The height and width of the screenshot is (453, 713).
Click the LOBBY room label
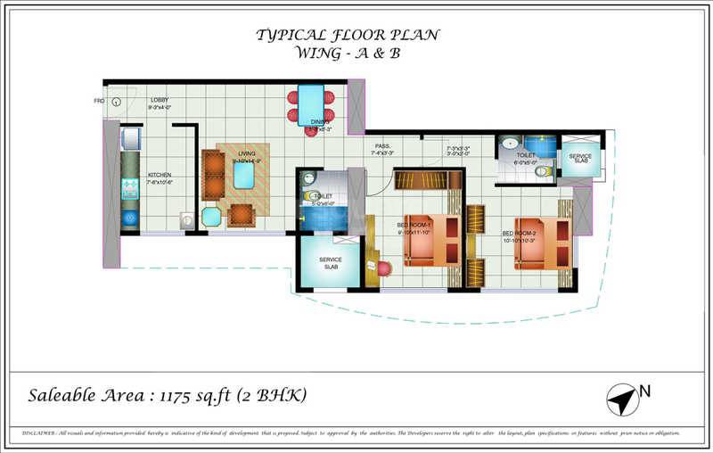pos(160,100)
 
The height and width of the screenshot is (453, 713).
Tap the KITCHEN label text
pos(160,175)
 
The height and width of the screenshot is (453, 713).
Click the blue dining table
pos(310,104)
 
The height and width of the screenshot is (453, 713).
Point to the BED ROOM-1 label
pos(414,225)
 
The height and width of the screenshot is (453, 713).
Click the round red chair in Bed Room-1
pos(384,268)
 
